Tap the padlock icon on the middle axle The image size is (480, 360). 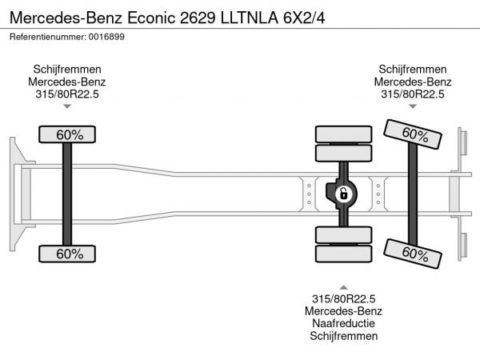click(x=343, y=193)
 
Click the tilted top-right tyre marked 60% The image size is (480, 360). click(x=412, y=134)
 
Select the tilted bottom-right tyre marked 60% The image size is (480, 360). click(x=412, y=253)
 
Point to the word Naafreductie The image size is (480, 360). click(x=343, y=324)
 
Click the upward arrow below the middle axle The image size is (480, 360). click(x=343, y=286)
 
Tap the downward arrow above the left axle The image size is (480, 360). click(x=67, y=106)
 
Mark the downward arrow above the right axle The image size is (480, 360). click(x=413, y=106)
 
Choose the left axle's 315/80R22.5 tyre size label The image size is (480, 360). click(x=67, y=93)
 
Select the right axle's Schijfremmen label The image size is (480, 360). click(x=413, y=69)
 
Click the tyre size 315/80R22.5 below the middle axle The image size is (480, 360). click(x=343, y=298)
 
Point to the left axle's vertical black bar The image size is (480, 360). click(x=68, y=194)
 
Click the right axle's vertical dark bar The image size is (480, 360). click(x=413, y=194)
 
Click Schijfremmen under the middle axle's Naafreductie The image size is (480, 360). click(x=343, y=337)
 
